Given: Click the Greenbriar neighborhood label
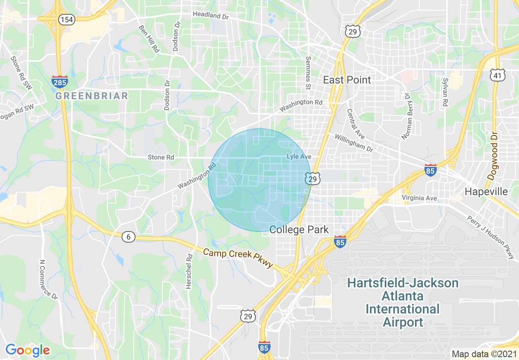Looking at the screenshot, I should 92,96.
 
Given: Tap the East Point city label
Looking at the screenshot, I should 347,80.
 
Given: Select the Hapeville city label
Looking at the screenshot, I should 486,191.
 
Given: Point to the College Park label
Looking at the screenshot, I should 299,229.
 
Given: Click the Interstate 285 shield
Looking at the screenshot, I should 60,82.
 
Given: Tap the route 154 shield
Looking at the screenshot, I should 66,19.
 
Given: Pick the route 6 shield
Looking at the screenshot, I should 129,236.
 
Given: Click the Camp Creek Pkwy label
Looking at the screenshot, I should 238,258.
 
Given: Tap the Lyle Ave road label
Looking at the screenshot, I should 299,157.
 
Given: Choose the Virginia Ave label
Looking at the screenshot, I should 419,198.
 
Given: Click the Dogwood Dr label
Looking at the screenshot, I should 493,156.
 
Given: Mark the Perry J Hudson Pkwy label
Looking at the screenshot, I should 491,237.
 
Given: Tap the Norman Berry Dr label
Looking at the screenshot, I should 406,116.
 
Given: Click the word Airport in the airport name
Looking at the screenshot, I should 403,322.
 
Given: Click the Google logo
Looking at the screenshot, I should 27,350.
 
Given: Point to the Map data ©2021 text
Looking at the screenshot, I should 484,354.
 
